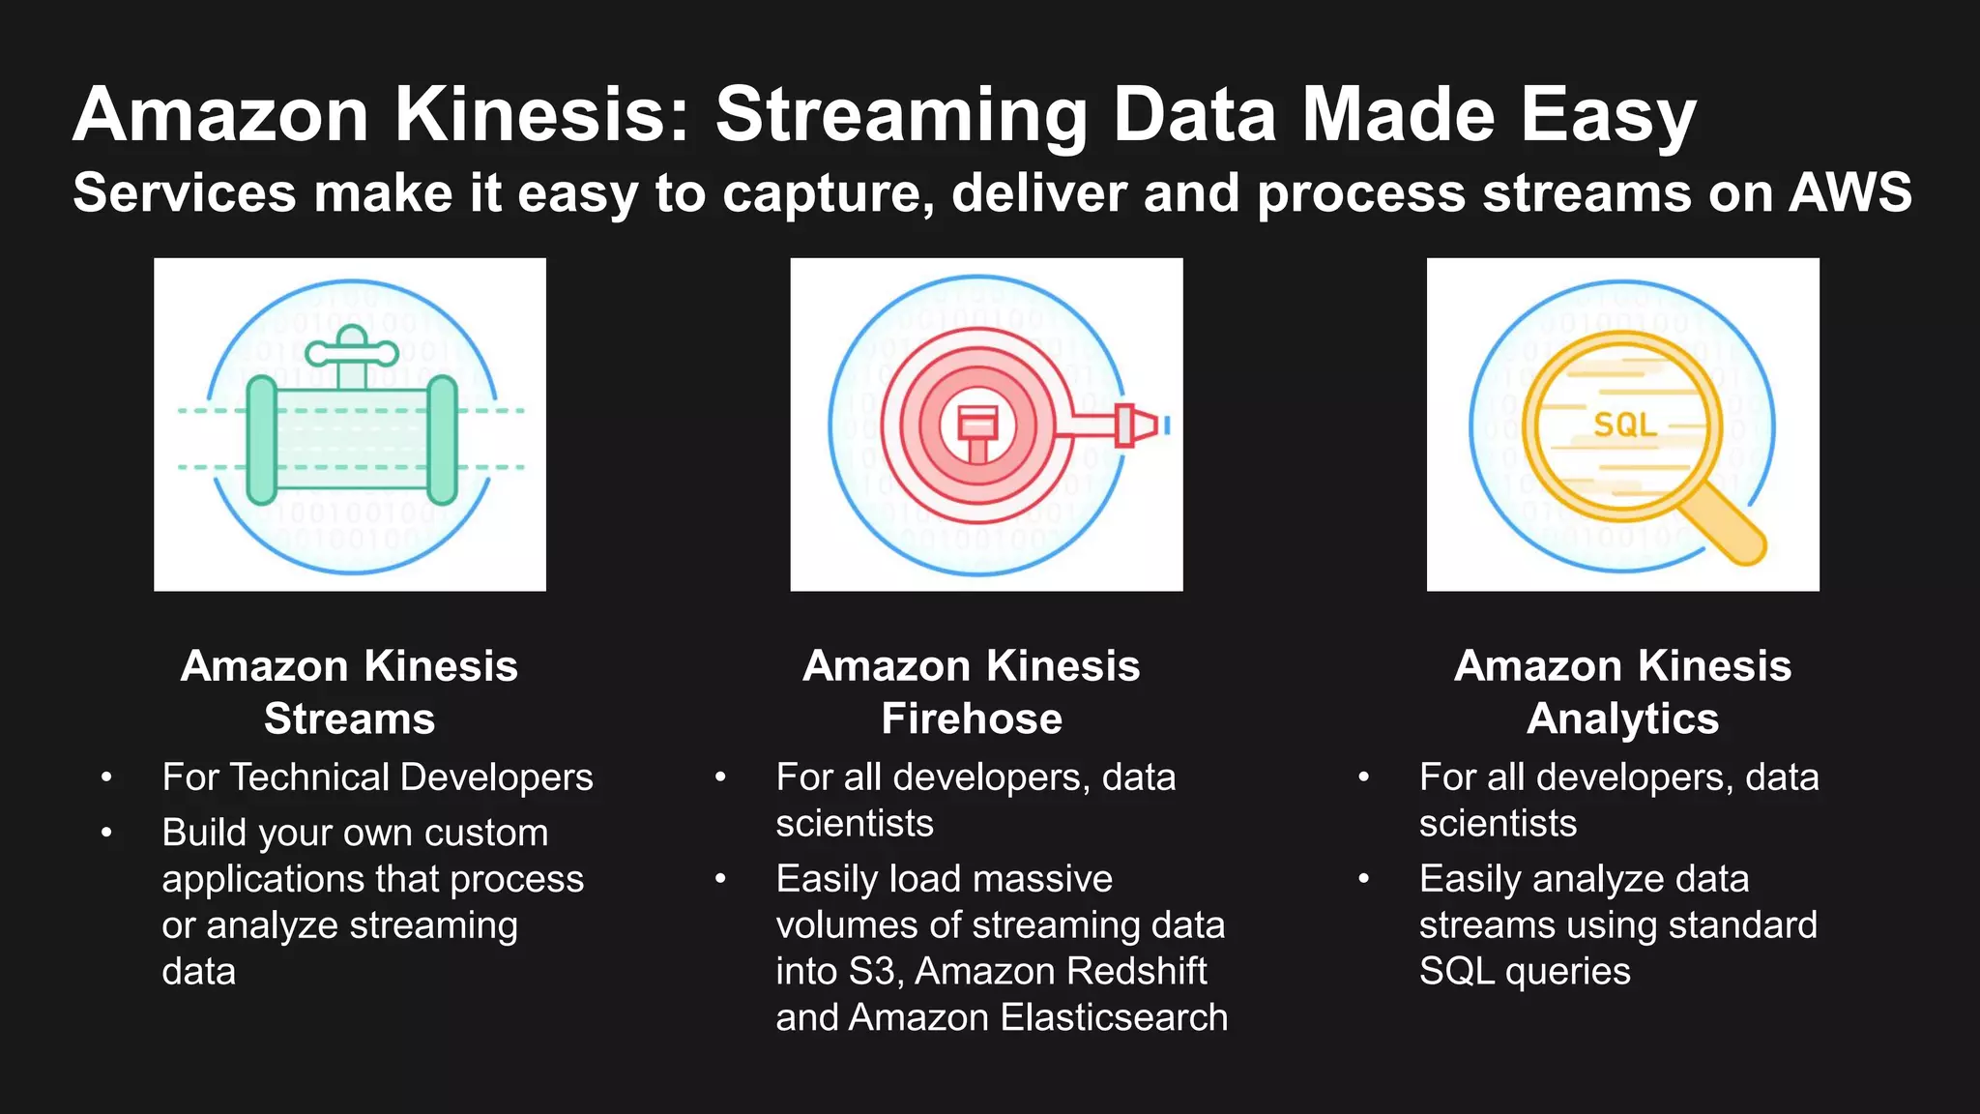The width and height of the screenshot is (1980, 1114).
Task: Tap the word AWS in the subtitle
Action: (1849, 191)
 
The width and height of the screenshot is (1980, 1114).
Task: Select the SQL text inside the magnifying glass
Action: (1624, 424)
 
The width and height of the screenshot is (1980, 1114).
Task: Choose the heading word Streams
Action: (349, 718)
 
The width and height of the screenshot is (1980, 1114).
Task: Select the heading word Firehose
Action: (972, 718)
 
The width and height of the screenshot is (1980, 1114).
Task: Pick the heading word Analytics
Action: (1622, 718)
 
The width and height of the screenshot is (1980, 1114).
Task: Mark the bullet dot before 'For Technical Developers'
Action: (106, 777)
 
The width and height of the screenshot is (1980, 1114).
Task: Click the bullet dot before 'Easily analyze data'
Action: (1363, 879)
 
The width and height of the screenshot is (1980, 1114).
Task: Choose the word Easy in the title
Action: (1608, 115)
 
